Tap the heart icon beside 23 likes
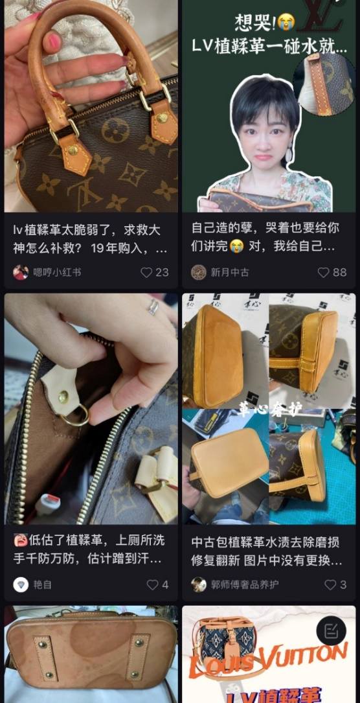click(146, 272)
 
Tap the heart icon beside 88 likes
click(323, 272)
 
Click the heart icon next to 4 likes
click(152, 584)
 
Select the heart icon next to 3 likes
click(330, 584)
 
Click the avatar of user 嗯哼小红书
click(21, 272)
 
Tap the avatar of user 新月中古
click(199, 272)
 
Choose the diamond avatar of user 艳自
click(21, 584)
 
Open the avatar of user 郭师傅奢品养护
click(199, 584)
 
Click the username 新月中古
click(230, 272)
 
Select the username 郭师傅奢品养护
click(244, 584)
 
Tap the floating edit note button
click(331, 630)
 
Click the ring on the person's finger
click(153, 307)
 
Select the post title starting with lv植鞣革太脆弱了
click(90, 238)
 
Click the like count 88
click(340, 272)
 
